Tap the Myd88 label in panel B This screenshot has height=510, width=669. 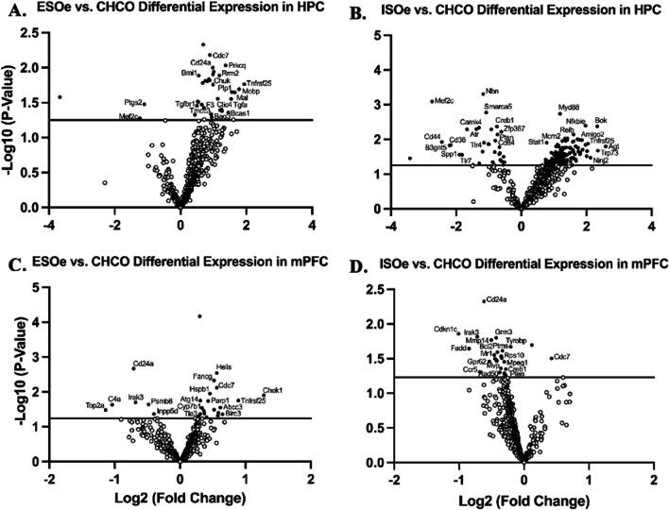pyautogui.click(x=569, y=107)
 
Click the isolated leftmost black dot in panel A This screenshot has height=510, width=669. pyautogui.click(x=60, y=96)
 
